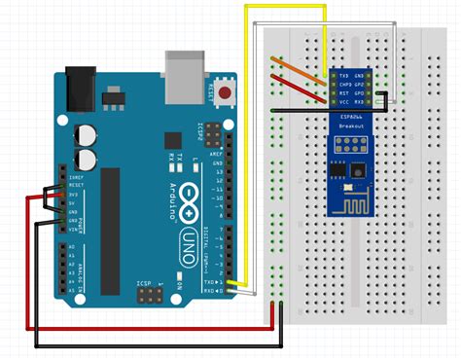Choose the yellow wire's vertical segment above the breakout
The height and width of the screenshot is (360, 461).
pos(322,39)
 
